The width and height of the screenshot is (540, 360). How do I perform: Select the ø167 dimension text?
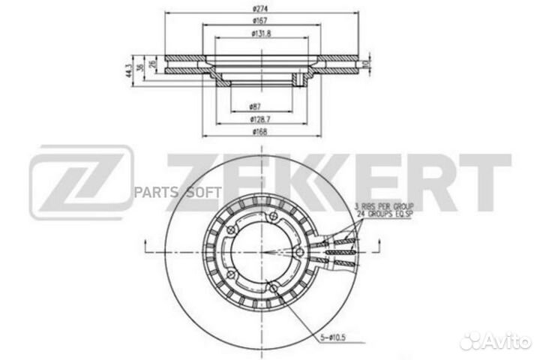coord(258,22)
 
